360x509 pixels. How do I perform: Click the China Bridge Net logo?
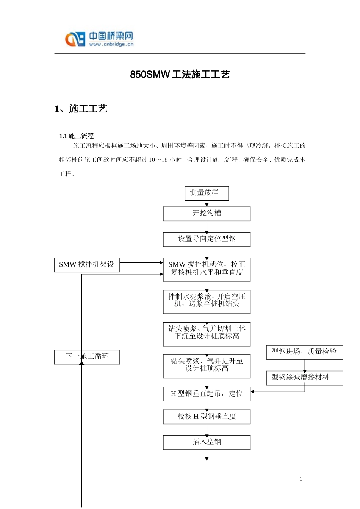99,39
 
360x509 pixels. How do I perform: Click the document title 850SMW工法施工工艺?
180,74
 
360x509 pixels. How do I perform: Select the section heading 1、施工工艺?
81,109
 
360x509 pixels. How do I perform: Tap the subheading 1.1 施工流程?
77,136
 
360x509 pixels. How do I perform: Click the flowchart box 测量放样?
207,193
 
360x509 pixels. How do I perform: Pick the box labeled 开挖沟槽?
207,214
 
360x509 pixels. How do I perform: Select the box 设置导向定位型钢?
207,239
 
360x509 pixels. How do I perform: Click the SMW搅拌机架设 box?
87,265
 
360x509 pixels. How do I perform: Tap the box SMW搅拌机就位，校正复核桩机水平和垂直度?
207,269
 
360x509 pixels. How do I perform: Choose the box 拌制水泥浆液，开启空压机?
207,301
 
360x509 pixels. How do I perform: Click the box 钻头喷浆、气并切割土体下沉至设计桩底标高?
207,333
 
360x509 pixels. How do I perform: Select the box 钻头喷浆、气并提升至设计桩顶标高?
207,365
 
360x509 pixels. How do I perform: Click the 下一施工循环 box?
87,357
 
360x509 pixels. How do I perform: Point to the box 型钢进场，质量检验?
304,352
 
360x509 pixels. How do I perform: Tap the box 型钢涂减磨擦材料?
304,378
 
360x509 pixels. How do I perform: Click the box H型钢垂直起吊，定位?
207,394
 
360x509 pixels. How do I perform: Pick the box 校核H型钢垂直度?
207,417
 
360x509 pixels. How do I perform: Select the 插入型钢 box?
207,442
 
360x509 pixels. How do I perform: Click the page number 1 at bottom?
301,479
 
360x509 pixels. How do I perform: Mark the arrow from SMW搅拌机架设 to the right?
141,262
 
